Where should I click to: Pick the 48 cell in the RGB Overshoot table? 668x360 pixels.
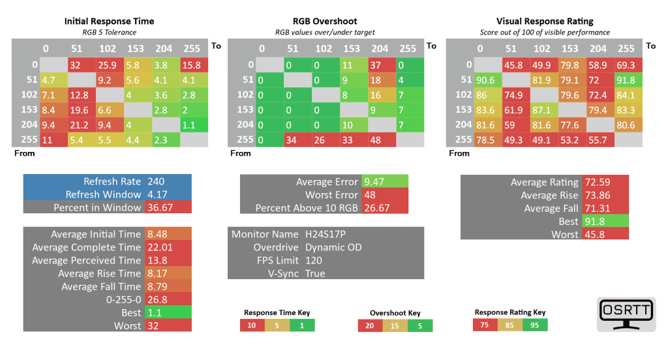click(381, 140)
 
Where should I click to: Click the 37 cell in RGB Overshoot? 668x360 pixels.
click(381, 65)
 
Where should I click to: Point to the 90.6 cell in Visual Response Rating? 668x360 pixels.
click(486, 80)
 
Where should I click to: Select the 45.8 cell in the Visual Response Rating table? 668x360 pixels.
click(515, 65)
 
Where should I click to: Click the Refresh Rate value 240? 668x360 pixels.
click(157, 182)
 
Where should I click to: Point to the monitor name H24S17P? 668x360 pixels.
click(327, 234)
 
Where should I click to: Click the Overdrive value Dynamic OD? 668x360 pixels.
click(333, 247)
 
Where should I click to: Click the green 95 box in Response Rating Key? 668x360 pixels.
click(535, 325)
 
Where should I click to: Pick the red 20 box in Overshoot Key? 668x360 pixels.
click(370, 325)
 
